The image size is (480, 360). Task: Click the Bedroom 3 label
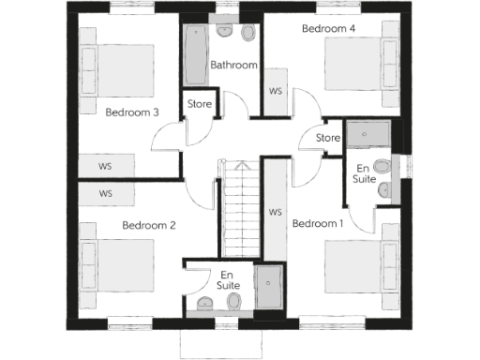point(131,112)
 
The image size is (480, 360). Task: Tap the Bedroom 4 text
point(328,29)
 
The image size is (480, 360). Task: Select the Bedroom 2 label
point(149,225)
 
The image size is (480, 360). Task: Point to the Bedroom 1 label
point(318,224)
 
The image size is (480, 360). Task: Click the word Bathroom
point(233,66)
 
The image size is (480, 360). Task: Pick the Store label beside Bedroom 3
point(200,103)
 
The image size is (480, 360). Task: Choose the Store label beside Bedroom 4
point(327,139)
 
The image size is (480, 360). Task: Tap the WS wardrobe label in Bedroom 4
point(276,92)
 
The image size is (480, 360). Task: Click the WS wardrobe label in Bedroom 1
point(275,213)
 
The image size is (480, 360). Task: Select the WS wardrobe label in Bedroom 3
point(106,166)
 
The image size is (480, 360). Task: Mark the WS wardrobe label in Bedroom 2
point(106,194)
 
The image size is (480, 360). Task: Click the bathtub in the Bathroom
point(197,54)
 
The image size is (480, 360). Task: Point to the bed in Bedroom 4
point(360,68)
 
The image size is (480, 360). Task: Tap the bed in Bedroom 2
point(116,266)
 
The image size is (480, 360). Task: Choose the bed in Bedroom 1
point(360,268)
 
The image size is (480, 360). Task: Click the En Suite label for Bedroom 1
point(366,174)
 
